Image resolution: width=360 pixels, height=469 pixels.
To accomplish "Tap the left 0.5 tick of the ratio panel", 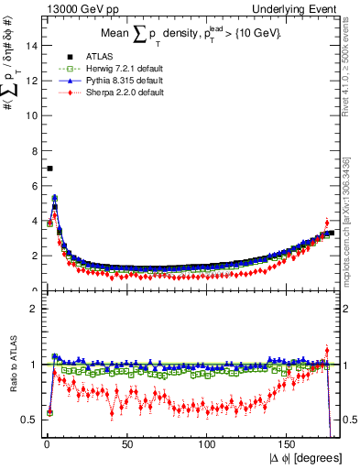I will tap(27, 420).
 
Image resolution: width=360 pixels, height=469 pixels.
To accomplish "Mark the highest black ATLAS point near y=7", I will tap(49, 169).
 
